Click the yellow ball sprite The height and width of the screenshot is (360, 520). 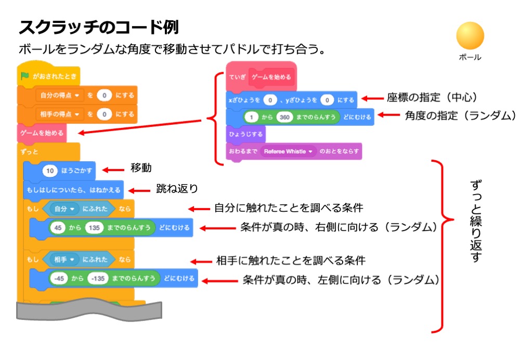pos(470,36)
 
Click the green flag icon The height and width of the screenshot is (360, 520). pos(24,76)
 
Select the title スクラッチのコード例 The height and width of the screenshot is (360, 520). pos(99,27)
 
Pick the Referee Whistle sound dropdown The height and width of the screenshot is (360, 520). pos(289,151)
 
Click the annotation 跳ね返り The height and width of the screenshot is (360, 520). pos(177,188)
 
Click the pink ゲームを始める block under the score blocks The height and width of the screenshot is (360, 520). pos(42,133)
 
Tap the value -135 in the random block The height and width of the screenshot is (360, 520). pos(97,278)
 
